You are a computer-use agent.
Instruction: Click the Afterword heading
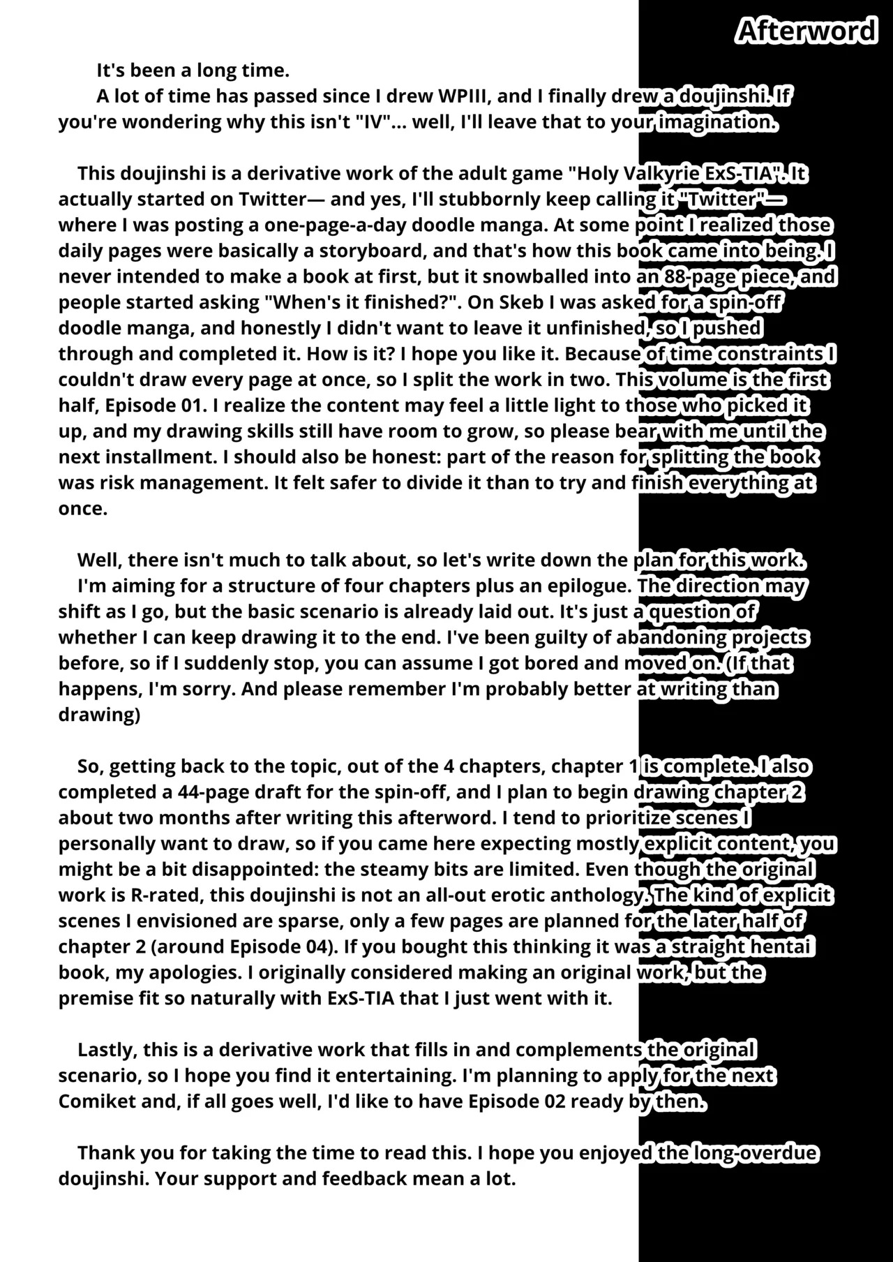pos(806,31)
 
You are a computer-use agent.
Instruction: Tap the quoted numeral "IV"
pos(373,121)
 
